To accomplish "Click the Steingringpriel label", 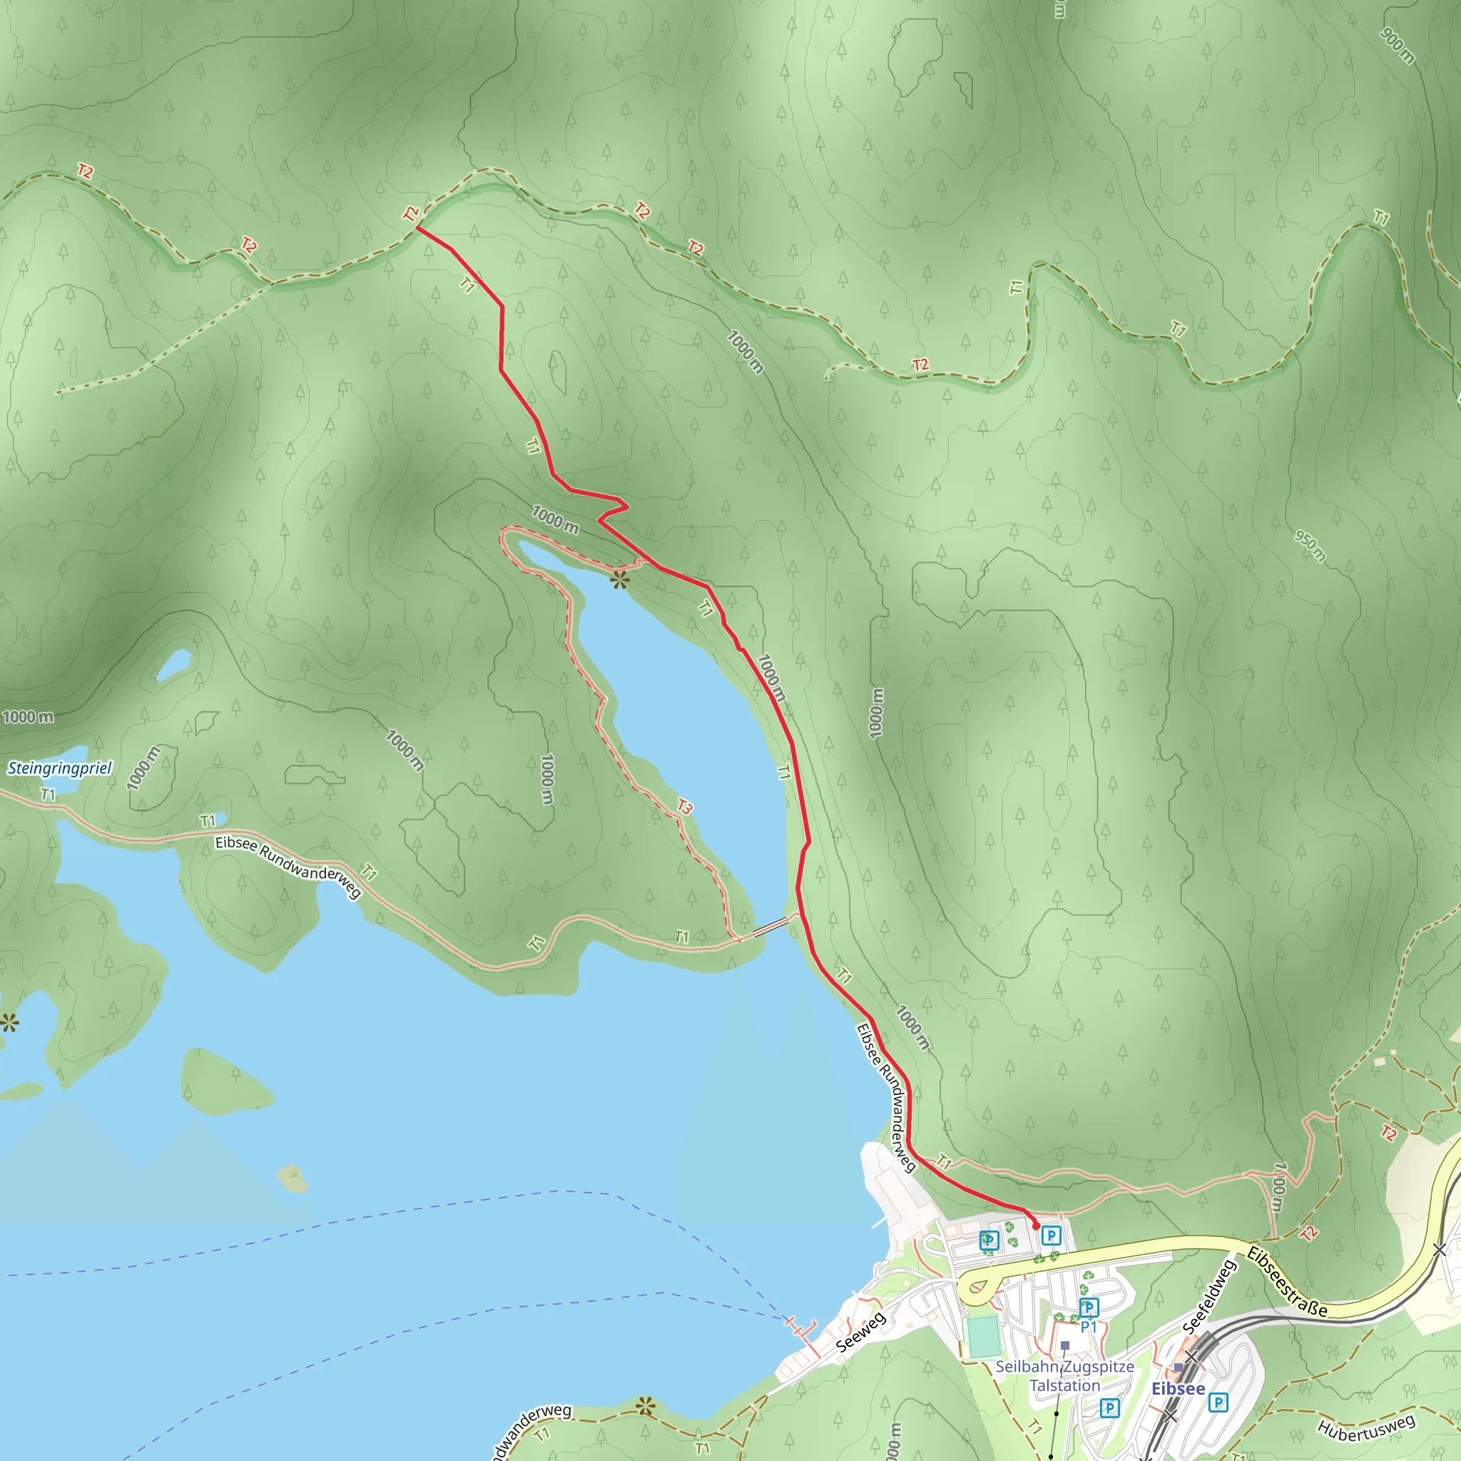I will click(60, 768).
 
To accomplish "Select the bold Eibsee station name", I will click(1177, 1388).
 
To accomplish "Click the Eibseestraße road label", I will click(1286, 1282).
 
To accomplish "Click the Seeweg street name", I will click(860, 1333).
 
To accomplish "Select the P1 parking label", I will click(1088, 1326).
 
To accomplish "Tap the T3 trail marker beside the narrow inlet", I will click(684, 807).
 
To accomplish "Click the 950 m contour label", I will click(1310, 546).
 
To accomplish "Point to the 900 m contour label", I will click(1397, 46).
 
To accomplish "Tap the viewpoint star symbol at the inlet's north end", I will click(620, 581).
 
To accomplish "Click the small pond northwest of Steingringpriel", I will click(174, 666).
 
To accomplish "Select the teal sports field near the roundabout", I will click(983, 1336).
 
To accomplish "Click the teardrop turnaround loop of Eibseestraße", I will click(980, 1287).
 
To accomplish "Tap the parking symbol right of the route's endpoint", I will click(1051, 1236).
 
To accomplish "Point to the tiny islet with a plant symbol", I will click(293, 1176).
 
